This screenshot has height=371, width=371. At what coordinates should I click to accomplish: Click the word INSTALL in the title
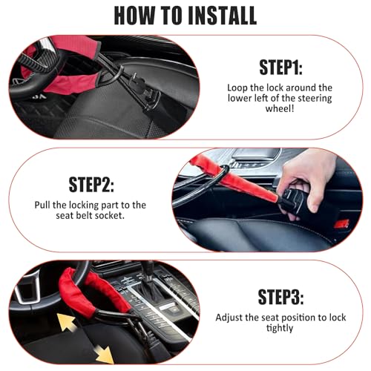pyautogui.click(x=223, y=16)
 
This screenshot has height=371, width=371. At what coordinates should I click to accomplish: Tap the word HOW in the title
pyautogui.click(x=134, y=16)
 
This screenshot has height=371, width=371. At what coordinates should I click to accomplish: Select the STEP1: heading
pyautogui.click(x=280, y=68)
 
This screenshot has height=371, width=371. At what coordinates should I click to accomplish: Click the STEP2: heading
pyautogui.click(x=91, y=185)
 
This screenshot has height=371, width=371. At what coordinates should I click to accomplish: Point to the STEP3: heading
pyautogui.click(x=280, y=297)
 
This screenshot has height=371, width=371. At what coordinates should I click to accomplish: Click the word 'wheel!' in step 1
pyautogui.click(x=280, y=108)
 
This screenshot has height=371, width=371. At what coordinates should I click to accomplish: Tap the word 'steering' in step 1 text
pyautogui.click(x=315, y=99)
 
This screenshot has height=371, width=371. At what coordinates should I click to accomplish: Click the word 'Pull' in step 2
pyautogui.click(x=43, y=205)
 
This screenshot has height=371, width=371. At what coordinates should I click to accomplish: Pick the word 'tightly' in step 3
pyautogui.click(x=280, y=328)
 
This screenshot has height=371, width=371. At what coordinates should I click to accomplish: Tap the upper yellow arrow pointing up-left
pyautogui.click(x=67, y=322)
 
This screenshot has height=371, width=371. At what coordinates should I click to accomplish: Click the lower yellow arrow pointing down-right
pyautogui.click(x=105, y=355)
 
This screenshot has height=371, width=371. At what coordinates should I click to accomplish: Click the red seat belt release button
pyautogui.click(x=341, y=224)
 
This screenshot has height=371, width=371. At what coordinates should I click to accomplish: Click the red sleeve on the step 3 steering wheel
pyautogui.click(x=91, y=292)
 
